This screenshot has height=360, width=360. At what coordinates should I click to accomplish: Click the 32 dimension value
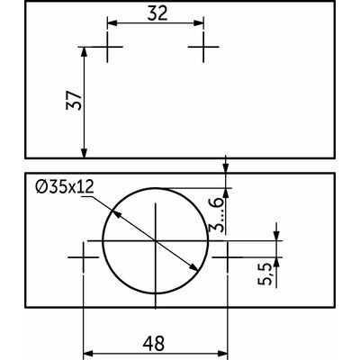(x=157, y=13)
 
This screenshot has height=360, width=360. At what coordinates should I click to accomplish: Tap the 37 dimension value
(x=74, y=100)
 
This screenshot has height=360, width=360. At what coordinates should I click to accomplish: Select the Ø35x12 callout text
(x=65, y=187)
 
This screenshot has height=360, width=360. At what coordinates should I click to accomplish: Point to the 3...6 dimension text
(x=217, y=215)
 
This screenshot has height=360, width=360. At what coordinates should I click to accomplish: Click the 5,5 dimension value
(x=265, y=274)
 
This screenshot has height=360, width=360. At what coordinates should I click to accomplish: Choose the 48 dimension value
(x=154, y=344)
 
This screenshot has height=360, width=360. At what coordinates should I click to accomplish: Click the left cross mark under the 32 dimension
(x=107, y=47)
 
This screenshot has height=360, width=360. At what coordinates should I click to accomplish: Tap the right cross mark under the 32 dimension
(x=203, y=47)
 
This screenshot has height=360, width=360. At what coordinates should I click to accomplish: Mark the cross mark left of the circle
(x=83, y=257)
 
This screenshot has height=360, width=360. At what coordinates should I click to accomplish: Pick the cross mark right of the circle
(x=228, y=257)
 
